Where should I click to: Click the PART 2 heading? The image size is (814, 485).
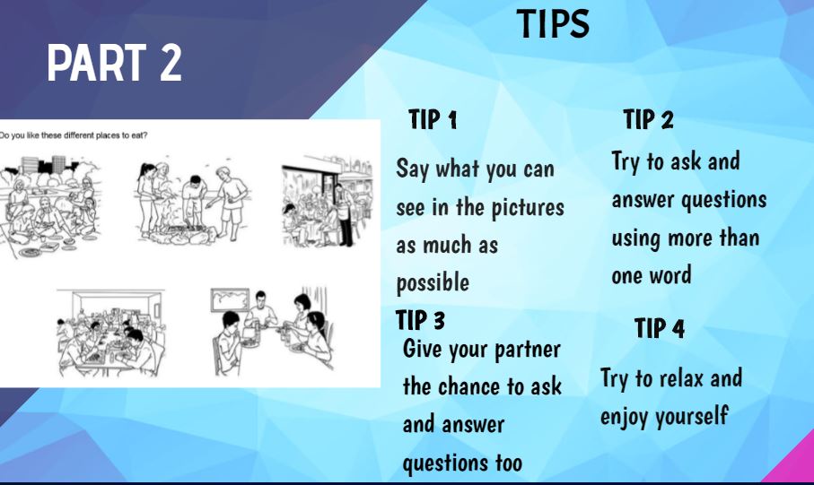(114, 62)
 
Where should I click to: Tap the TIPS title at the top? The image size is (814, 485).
(554, 24)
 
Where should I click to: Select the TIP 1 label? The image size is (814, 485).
(433, 119)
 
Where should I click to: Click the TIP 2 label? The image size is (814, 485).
(648, 119)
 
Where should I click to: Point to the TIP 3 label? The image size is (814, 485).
(420, 319)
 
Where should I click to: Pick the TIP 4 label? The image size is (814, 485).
(660, 328)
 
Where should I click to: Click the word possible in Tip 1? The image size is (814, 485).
(433, 283)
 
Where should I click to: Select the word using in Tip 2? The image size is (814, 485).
(636, 238)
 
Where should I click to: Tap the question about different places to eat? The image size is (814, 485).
(74, 135)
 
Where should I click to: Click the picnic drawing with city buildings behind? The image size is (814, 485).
(51, 206)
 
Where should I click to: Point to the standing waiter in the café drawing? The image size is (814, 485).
(345, 214)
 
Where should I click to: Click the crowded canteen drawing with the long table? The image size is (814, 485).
(110, 333)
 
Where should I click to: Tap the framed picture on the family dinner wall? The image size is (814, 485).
(230, 299)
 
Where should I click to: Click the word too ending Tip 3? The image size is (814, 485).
(509, 463)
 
